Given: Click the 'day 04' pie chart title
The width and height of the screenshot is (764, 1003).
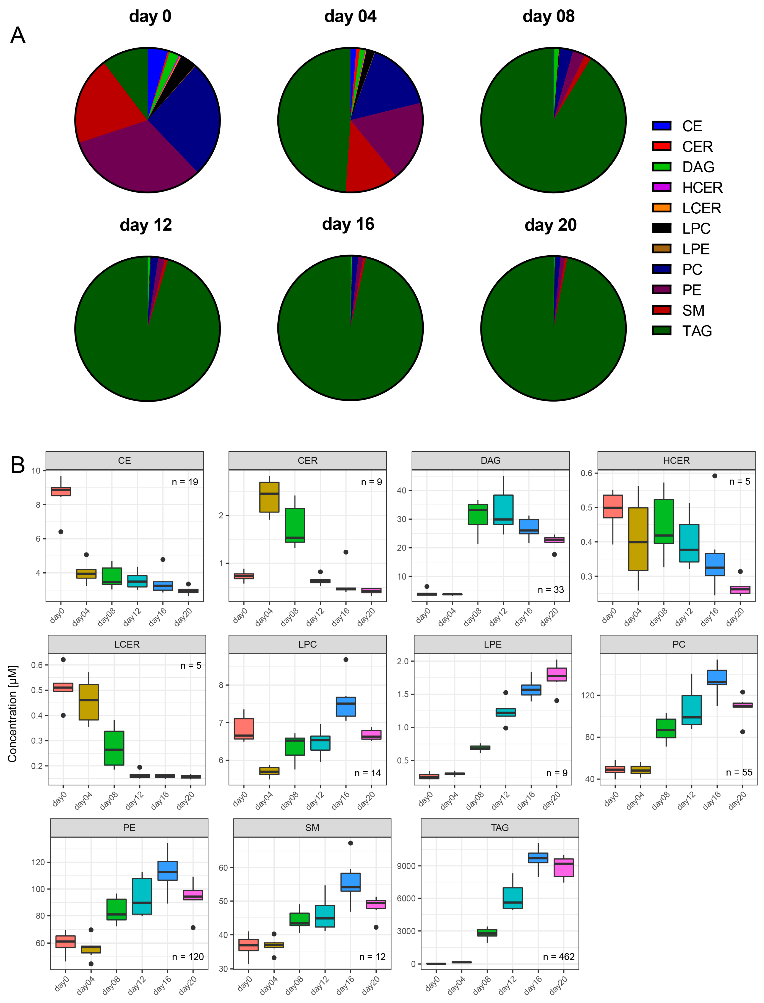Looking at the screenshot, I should (350, 16).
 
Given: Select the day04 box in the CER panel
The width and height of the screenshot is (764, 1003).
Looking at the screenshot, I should (269, 497).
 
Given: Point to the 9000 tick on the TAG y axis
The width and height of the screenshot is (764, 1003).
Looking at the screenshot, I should (406, 866).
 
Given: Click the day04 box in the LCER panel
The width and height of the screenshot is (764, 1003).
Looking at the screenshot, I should (89, 702).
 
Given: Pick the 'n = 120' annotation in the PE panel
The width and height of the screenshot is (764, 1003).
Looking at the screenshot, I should (188, 957).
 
